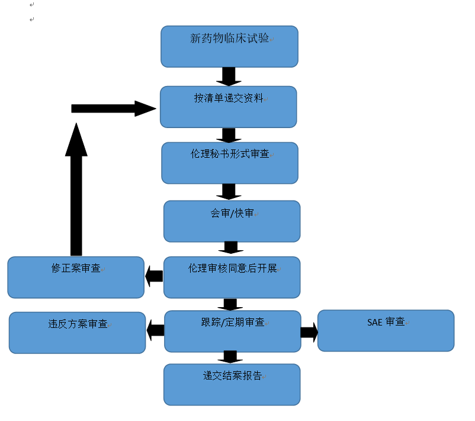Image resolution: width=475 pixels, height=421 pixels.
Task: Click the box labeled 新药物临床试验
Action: [x=229, y=46]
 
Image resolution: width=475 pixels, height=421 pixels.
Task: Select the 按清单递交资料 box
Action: [x=228, y=107]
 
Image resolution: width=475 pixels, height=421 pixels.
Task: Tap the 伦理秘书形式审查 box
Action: [x=229, y=163]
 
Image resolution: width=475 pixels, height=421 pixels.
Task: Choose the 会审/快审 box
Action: [x=232, y=221]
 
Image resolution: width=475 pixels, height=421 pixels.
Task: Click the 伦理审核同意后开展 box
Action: [x=232, y=277]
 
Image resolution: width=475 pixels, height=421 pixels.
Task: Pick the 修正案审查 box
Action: [x=76, y=277]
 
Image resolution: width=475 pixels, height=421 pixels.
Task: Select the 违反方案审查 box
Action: [x=77, y=333]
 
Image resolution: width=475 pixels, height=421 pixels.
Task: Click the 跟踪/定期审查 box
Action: [x=232, y=331]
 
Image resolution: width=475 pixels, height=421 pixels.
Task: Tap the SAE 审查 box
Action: [x=386, y=330]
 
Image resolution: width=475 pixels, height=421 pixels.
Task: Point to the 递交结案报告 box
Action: [x=232, y=384]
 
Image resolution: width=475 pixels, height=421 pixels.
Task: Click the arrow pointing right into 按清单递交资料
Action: [x=113, y=109]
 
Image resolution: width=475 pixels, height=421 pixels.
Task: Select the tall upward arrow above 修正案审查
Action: [x=76, y=190]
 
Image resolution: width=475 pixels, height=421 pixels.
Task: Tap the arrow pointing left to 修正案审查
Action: [x=154, y=275]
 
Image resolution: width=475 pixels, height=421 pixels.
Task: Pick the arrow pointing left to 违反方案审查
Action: [x=155, y=331]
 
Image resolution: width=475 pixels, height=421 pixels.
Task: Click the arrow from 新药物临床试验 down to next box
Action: [x=228, y=76]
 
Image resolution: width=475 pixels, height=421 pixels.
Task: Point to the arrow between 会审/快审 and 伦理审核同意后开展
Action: [x=231, y=248]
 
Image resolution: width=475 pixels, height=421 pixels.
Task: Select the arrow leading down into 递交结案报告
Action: [x=231, y=357]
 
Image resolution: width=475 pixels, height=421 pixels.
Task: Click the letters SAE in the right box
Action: [x=375, y=322]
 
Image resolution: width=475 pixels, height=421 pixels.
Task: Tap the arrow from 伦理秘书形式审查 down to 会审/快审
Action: [x=228, y=191]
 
